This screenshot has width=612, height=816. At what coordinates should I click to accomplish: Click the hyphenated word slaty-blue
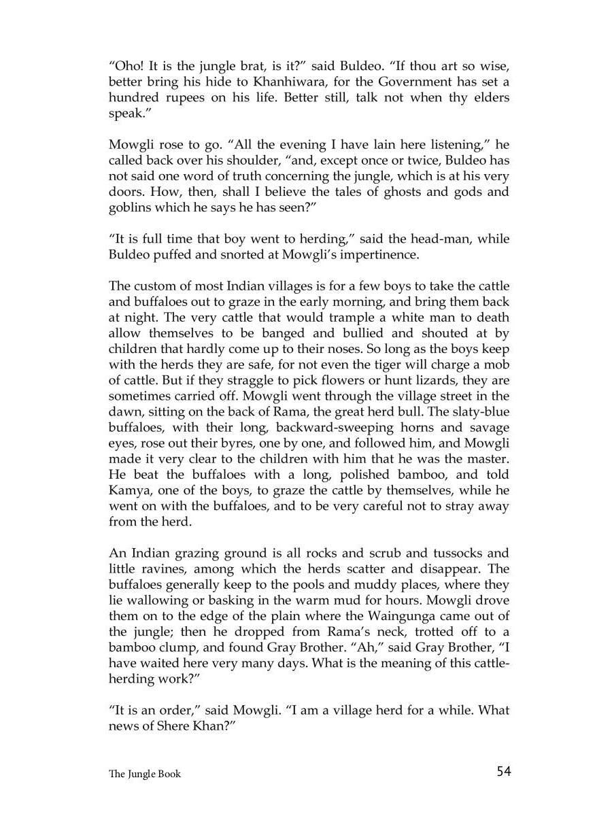[x=476, y=411]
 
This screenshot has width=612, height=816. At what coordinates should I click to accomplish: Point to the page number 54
[x=504, y=770]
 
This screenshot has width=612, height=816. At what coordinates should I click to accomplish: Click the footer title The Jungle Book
[x=145, y=773]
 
